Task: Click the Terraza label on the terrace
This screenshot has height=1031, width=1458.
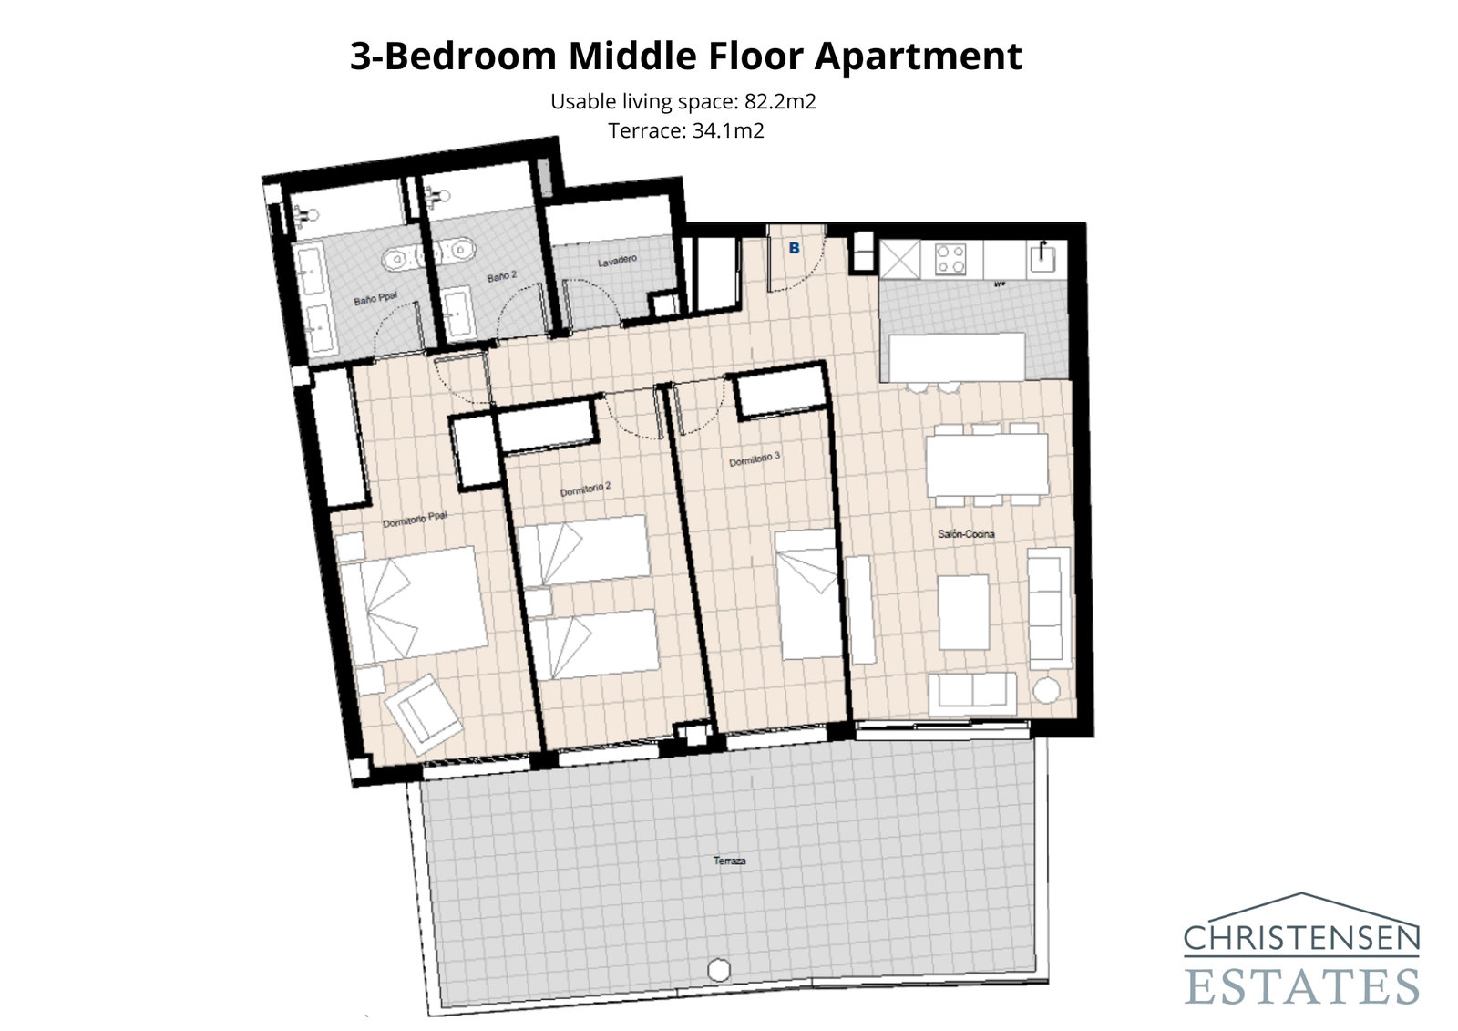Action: (729, 861)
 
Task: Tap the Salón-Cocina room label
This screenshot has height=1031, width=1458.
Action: (966, 533)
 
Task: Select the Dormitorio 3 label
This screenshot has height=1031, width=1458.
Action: (755, 459)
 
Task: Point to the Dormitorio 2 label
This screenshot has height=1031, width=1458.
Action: (585, 490)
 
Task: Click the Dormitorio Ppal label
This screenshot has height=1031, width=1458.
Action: (415, 520)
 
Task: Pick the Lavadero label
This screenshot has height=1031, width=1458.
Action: (617, 262)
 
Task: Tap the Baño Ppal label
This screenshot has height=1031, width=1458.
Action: (375, 298)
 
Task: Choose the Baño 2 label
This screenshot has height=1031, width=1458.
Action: (501, 275)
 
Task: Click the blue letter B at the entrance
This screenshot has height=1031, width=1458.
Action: (794, 248)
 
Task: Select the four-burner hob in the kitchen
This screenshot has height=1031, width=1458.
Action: (951, 259)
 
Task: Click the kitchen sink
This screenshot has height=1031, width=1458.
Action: (1042, 259)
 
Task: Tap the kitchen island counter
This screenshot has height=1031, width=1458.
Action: (957, 356)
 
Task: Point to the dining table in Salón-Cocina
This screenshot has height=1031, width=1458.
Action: (987, 464)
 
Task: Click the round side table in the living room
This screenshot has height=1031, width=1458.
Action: (1047, 691)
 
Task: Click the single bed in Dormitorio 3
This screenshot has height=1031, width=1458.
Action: (808, 593)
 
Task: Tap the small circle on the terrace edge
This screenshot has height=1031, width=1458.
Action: (719, 970)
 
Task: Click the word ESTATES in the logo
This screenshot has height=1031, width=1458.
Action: (1302, 986)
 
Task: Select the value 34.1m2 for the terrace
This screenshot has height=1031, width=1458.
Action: (728, 130)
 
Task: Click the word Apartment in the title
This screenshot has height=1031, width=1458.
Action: (918, 56)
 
